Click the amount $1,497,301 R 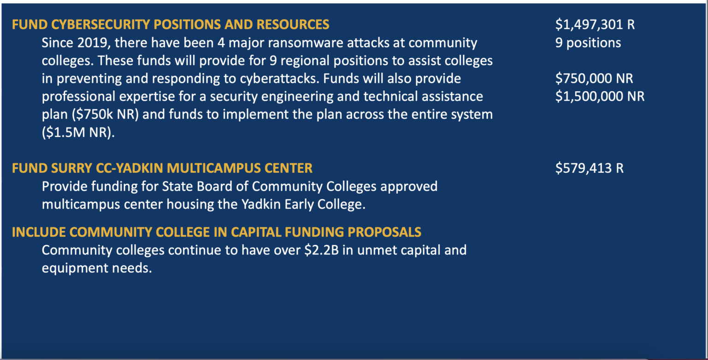(595, 24)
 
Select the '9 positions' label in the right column (588, 43)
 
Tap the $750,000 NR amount (594, 78)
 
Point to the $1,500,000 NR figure (600, 96)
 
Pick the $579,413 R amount (589, 168)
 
